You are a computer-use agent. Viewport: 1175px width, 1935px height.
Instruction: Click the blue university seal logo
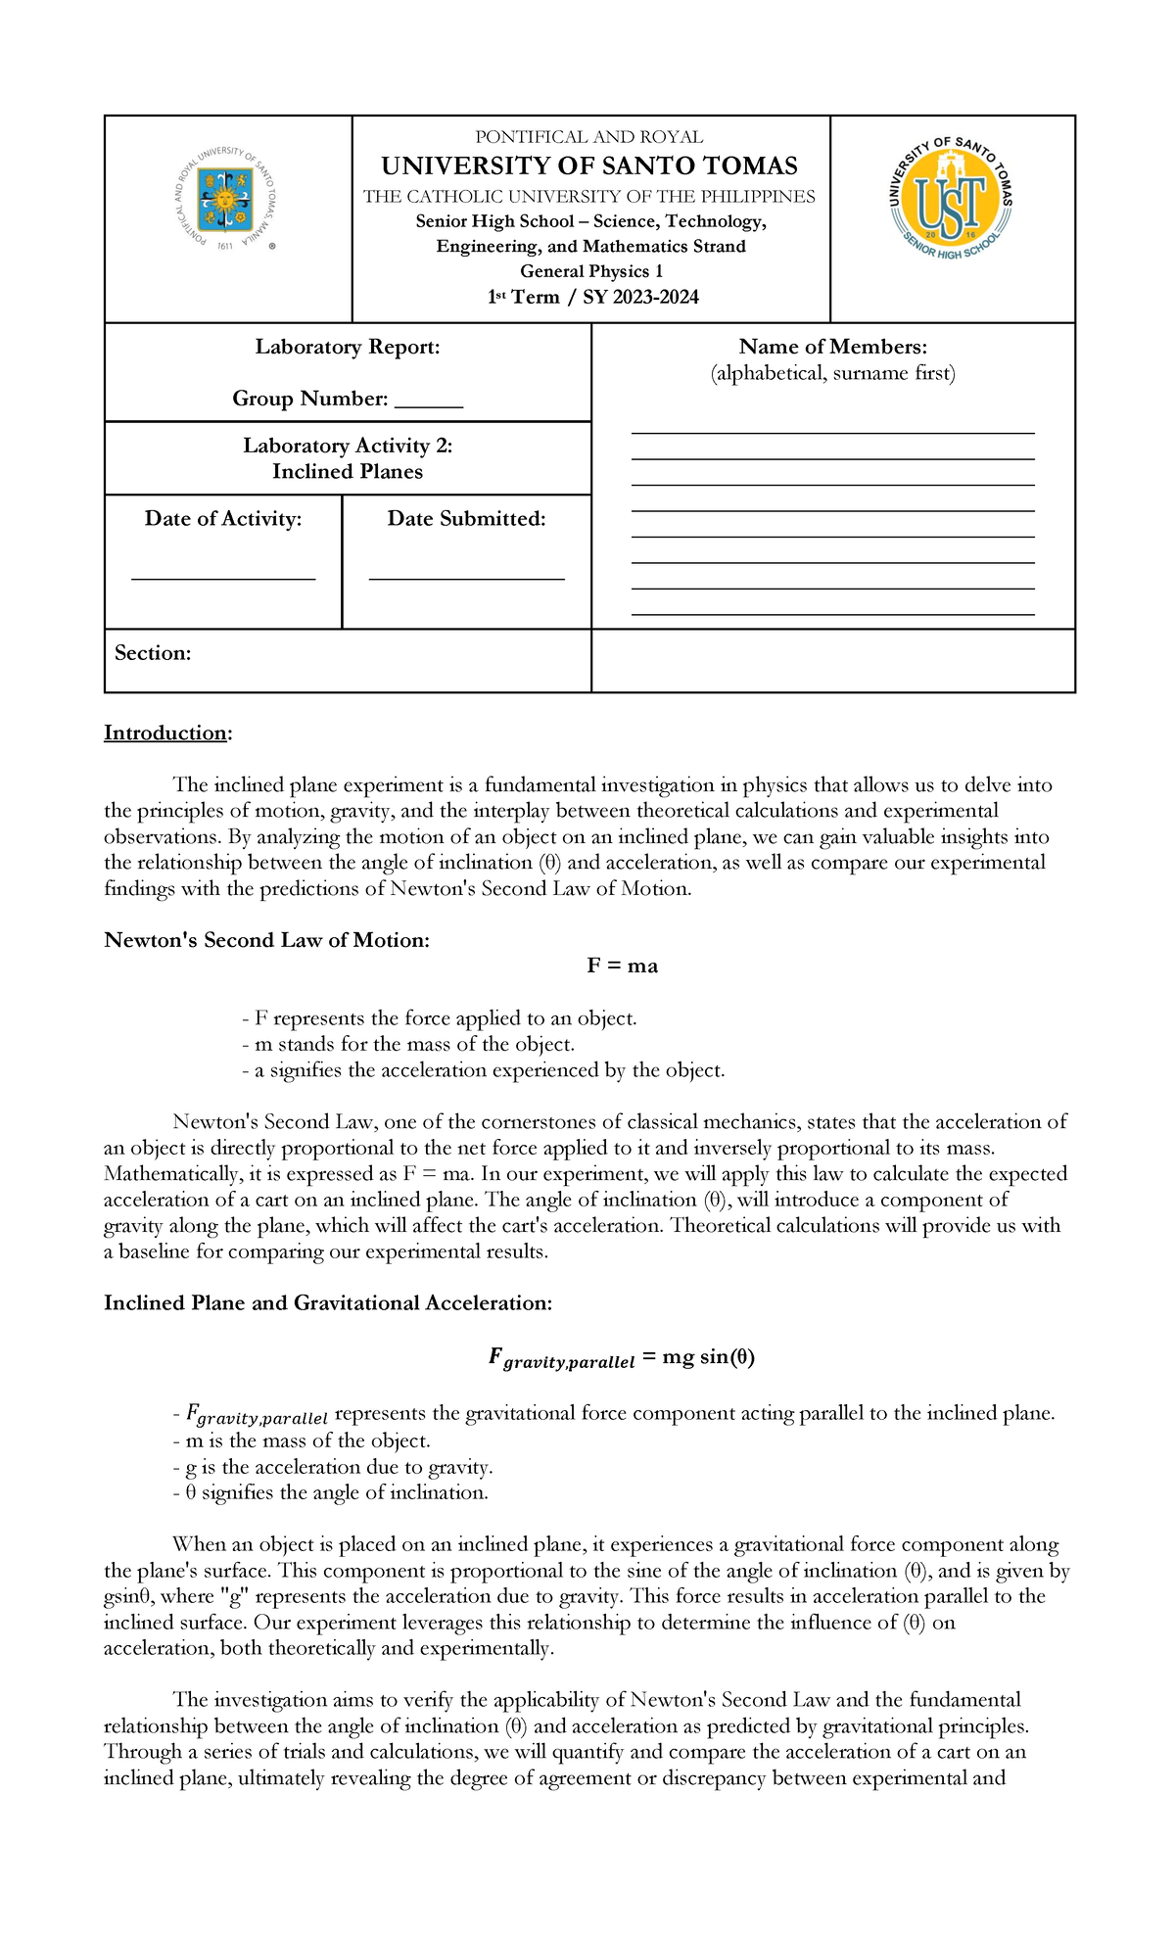coord(224,200)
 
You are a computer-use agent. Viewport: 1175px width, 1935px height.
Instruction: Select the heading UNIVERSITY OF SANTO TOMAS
coord(589,165)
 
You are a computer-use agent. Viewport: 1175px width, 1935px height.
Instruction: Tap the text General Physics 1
coord(591,271)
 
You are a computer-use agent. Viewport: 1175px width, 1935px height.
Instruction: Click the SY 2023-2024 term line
coord(593,297)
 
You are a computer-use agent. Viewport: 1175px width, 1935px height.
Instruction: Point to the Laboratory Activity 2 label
coord(348,446)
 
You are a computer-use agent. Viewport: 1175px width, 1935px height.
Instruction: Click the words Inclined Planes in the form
coord(348,471)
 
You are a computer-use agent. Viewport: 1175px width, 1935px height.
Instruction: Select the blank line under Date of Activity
coord(223,577)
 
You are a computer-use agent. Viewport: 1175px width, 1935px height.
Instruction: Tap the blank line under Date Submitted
coord(466,577)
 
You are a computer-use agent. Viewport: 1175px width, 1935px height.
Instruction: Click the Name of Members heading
coord(832,347)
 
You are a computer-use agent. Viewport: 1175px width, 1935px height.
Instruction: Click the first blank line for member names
coord(832,431)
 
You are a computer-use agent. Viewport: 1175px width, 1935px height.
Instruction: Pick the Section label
coord(153,653)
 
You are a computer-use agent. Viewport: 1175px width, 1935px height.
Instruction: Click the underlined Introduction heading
coord(166,733)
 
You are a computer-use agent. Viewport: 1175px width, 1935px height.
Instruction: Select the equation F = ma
coord(622,967)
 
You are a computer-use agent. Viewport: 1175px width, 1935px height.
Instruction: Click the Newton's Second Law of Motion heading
coord(266,940)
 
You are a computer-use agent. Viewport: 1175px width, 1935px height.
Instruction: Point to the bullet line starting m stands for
coord(407,1044)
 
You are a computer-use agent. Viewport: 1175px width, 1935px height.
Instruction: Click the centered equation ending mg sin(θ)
coord(621,1358)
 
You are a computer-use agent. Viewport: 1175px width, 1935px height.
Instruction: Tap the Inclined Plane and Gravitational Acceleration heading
coord(328,1303)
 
